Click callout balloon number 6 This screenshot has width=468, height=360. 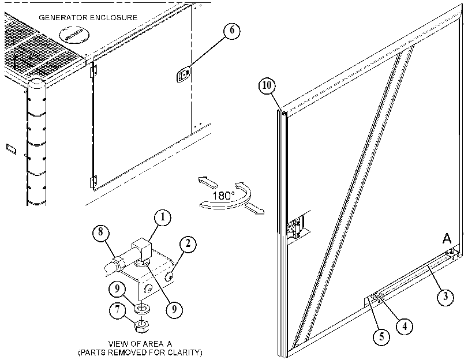coord(231,31)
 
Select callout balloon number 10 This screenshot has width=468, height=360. coord(267,85)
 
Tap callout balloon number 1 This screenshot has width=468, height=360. coord(163,217)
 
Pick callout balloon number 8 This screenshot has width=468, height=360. coord(101,232)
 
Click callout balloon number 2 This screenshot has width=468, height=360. coord(188,244)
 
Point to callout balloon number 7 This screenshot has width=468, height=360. coord(117,310)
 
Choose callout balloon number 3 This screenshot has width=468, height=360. coord(445,297)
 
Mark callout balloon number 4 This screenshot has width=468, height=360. coord(405,327)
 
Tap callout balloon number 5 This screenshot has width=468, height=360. coord(382,337)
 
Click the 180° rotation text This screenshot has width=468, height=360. coord(223,196)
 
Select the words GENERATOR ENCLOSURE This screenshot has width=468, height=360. coord(88,18)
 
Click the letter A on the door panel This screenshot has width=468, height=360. coord(447,238)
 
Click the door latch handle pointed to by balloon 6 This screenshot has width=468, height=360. coord(184,74)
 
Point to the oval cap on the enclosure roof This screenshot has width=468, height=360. coord(74,35)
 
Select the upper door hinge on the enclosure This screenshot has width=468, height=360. coord(93,71)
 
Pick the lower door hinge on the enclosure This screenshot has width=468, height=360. coord(93,181)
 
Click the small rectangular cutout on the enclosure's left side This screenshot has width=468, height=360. coord(11,148)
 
